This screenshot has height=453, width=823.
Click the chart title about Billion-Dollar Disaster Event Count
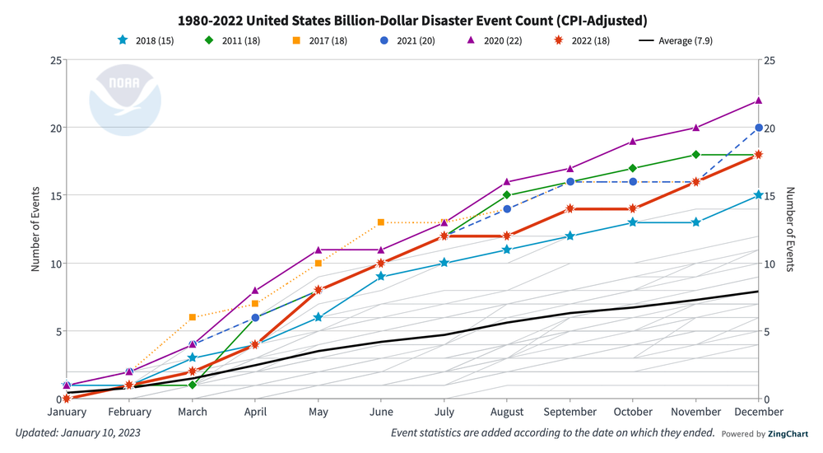coord(411,18)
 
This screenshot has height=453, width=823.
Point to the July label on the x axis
coord(444,412)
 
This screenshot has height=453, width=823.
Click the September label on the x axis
coord(570,412)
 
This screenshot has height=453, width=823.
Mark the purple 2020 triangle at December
coord(759,100)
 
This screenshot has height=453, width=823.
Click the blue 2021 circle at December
coord(759,128)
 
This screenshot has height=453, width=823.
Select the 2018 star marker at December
coord(759,195)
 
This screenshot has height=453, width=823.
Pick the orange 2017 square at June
coord(381,222)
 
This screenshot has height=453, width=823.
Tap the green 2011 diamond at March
coord(192,385)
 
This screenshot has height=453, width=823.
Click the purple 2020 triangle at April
coord(255,291)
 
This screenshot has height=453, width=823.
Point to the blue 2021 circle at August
coord(507,209)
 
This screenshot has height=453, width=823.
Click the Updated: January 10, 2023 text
coord(78,433)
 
